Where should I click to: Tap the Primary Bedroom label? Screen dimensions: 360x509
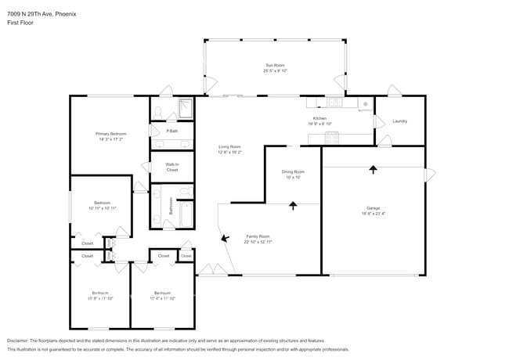pos(111,134)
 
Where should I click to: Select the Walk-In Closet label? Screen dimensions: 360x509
pos(171,167)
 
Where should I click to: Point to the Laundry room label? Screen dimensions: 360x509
pos(399,121)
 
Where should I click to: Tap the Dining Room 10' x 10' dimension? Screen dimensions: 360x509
pos(293,178)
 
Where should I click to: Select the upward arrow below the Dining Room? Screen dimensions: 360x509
pos(294,206)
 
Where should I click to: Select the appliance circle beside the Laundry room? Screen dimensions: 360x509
pos(364,103)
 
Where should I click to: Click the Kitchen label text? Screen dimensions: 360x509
pos(319,118)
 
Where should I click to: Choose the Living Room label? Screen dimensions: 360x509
pos(229,146)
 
